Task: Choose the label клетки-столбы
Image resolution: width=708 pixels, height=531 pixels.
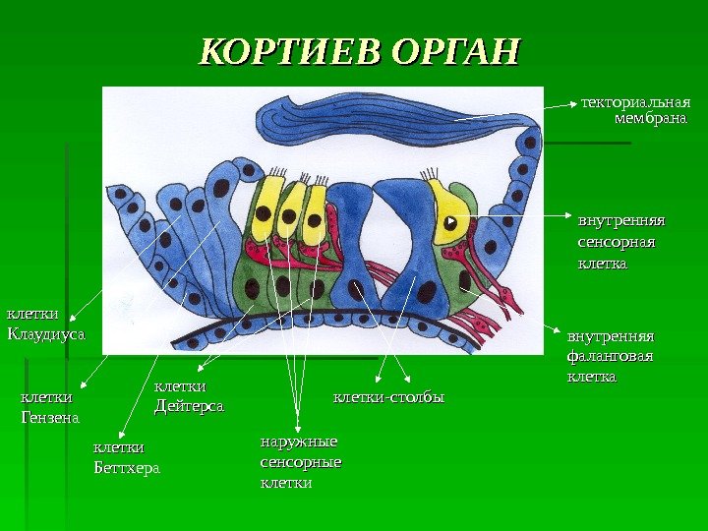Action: pyautogui.click(x=389, y=398)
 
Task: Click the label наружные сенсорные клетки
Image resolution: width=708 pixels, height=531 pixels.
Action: pyautogui.click(x=300, y=462)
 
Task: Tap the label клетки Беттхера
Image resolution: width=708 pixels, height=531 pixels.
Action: pyautogui.click(x=125, y=457)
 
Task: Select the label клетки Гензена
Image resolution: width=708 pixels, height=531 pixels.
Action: pyautogui.click(x=49, y=408)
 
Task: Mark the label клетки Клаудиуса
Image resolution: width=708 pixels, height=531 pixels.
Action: pyautogui.click(x=46, y=324)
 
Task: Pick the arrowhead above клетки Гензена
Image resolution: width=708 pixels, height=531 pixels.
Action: pyautogui.click(x=80, y=387)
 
